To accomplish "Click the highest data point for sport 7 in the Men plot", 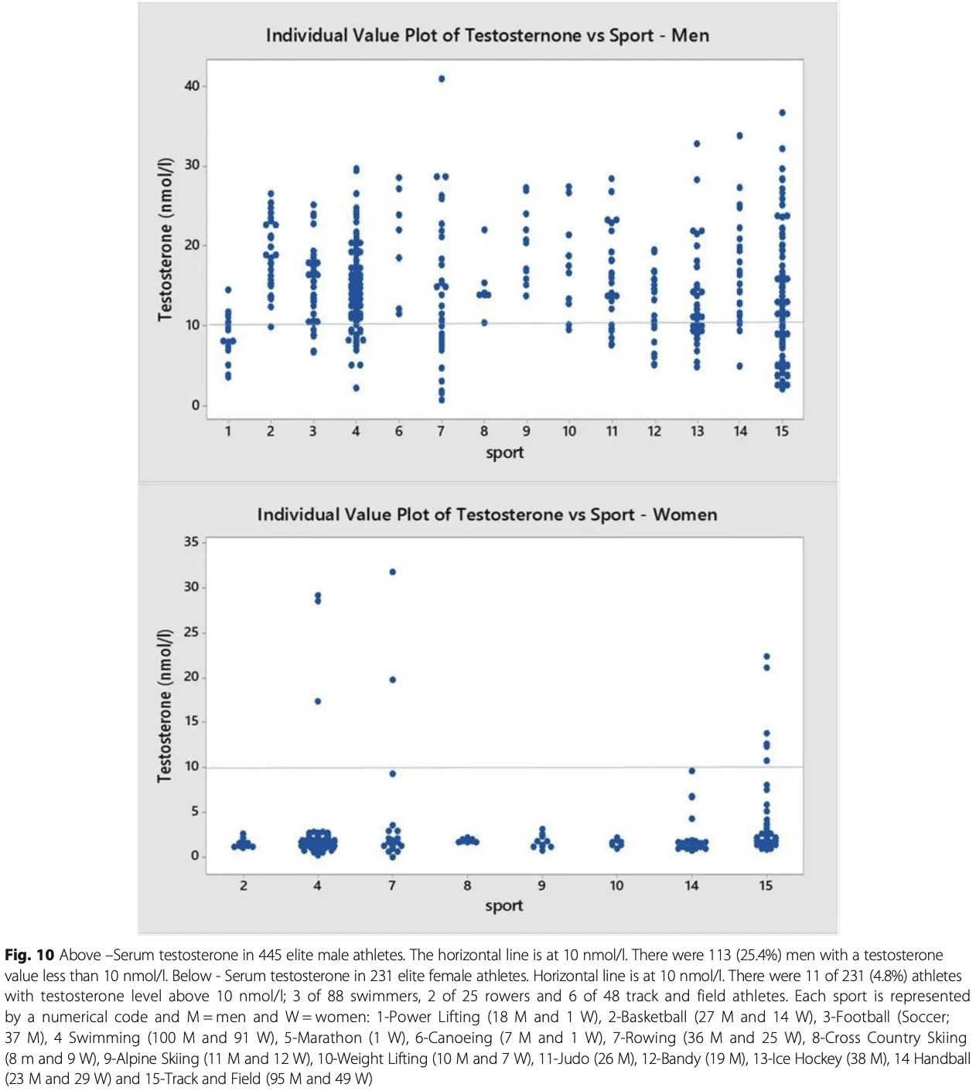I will pyautogui.click(x=442, y=79).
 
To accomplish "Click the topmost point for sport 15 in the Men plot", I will pyautogui.click(x=782, y=113).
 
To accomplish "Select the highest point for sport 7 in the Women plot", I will pyautogui.click(x=393, y=572).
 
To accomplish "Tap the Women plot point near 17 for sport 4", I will pyautogui.click(x=318, y=702).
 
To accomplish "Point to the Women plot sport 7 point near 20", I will pyautogui.click(x=393, y=680).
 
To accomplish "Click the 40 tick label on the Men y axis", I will pyautogui.click(x=192, y=86).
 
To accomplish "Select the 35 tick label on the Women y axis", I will pyautogui.click(x=191, y=542).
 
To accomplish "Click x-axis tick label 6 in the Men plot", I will pyautogui.click(x=399, y=431).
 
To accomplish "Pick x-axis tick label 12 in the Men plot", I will pyautogui.click(x=654, y=431).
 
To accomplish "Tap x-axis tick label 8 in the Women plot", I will pyautogui.click(x=467, y=885).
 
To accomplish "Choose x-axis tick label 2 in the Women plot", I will pyautogui.click(x=244, y=885).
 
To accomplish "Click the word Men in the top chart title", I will pyautogui.click(x=690, y=36).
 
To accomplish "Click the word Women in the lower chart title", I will pyautogui.click(x=684, y=515).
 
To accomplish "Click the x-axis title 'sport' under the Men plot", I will pyautogui.click(x=504, y=453).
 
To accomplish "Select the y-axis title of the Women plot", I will pyautogui.click(x=164, y=706).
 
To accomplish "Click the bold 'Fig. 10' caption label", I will pyautogui.click(x=29, y=955).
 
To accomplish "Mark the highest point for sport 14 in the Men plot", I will pyautogui.click(x=739, y=136).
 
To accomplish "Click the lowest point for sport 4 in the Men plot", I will pyautogui.click(x=356, y=388).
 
